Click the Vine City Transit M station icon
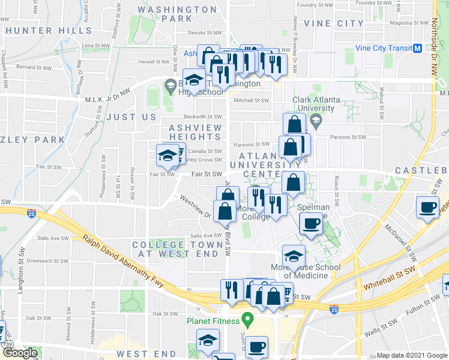point(417,48)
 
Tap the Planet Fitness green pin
point(246,318)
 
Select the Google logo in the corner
point(20,353)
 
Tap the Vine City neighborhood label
point(334,23)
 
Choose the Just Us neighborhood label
point(131,116)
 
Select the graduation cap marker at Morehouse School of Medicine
point(294,256)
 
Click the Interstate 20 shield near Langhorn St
point(31,212)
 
